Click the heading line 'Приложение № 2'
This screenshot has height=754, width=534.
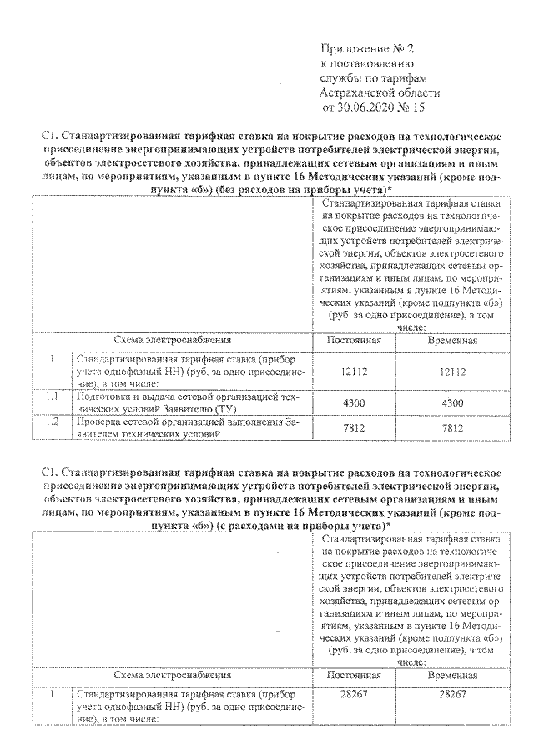click(368, 47)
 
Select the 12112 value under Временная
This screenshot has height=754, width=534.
click(452, 372)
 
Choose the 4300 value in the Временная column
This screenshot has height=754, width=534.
click(452, 402)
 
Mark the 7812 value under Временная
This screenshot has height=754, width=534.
click(452, 428)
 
